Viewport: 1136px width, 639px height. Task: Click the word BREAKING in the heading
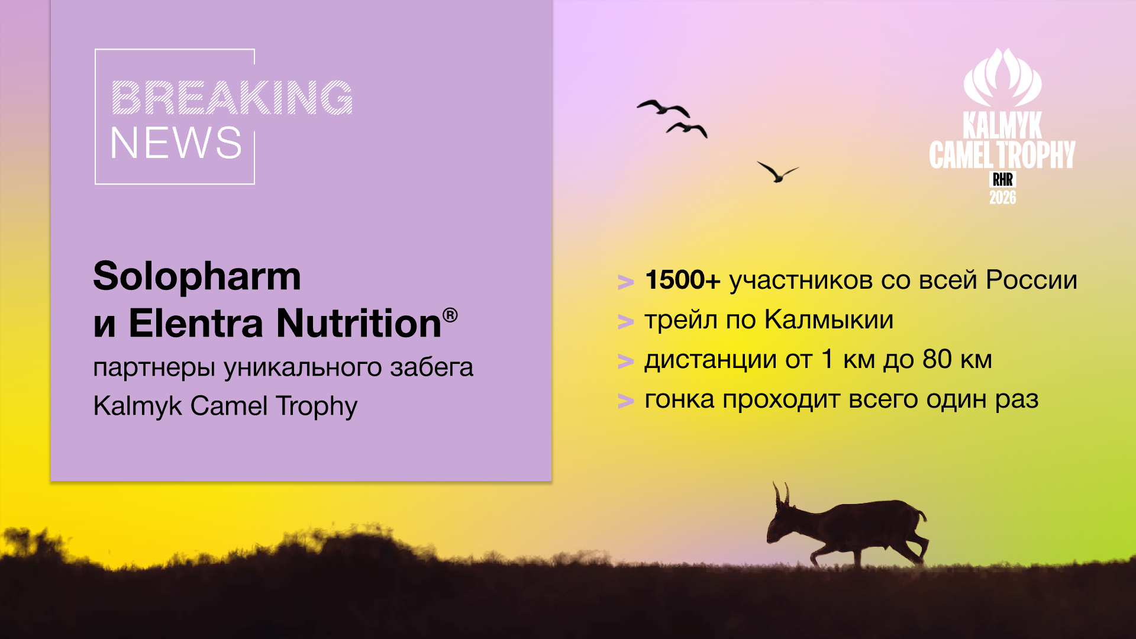[232, 98]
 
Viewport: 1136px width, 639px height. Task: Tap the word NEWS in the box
[176, 143]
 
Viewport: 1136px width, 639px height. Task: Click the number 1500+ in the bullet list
[683, 280]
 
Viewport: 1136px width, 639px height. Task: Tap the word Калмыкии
[828, 320]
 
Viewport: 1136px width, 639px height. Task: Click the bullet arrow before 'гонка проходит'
[625, 401]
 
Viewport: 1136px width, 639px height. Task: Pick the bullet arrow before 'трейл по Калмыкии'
[625, 322]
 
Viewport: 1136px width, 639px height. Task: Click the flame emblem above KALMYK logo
[1002, 77]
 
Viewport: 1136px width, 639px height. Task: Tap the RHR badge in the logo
[1003, 179]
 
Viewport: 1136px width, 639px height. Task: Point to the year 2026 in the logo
[1003, 198]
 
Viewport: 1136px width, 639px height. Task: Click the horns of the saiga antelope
[781, 493]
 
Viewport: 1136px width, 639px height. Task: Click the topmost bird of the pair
[663, 108]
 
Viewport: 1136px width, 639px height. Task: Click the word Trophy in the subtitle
[317, 406]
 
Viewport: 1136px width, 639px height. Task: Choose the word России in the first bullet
[1031, 280]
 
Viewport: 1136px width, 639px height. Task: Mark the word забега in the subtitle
[431, 367]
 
